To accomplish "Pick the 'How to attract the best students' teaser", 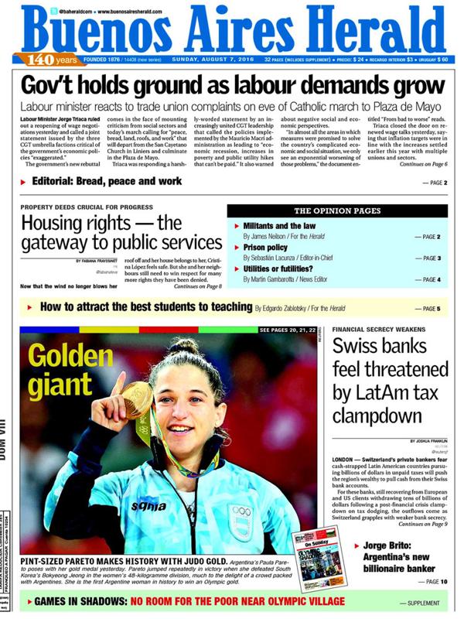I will tap(147, 309).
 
